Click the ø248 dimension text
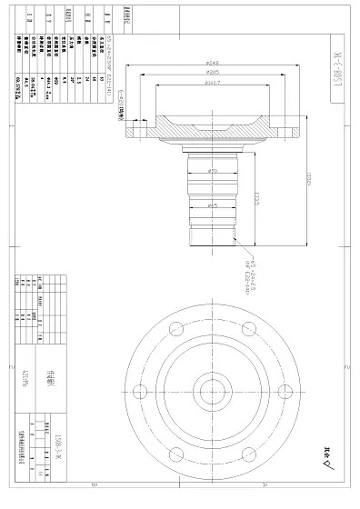[214, 63]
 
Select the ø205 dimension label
[214, 72]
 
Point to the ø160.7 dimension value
[214, 82]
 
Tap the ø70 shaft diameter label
[213, 171]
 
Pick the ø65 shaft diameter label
[213, 206]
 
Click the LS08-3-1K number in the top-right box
[336, 65]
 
